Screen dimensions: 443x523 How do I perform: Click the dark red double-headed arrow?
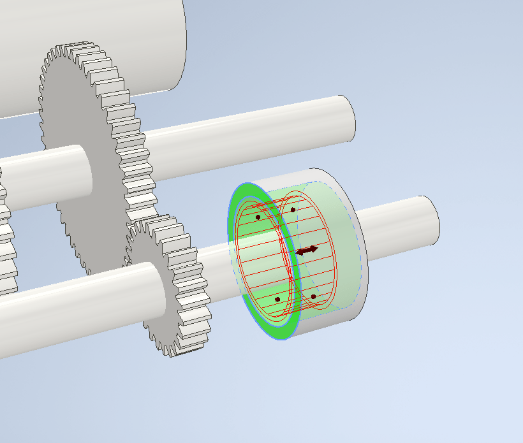click(x=306, y=251)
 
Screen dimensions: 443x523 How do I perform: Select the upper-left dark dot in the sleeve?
click(x=258, y=217)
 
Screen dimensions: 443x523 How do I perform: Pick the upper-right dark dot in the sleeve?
click(x=293, y=210)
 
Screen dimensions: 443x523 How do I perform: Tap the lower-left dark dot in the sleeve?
click(x=277, y=299)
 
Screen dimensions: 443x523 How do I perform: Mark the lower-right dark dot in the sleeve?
click(x=313, y=296)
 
